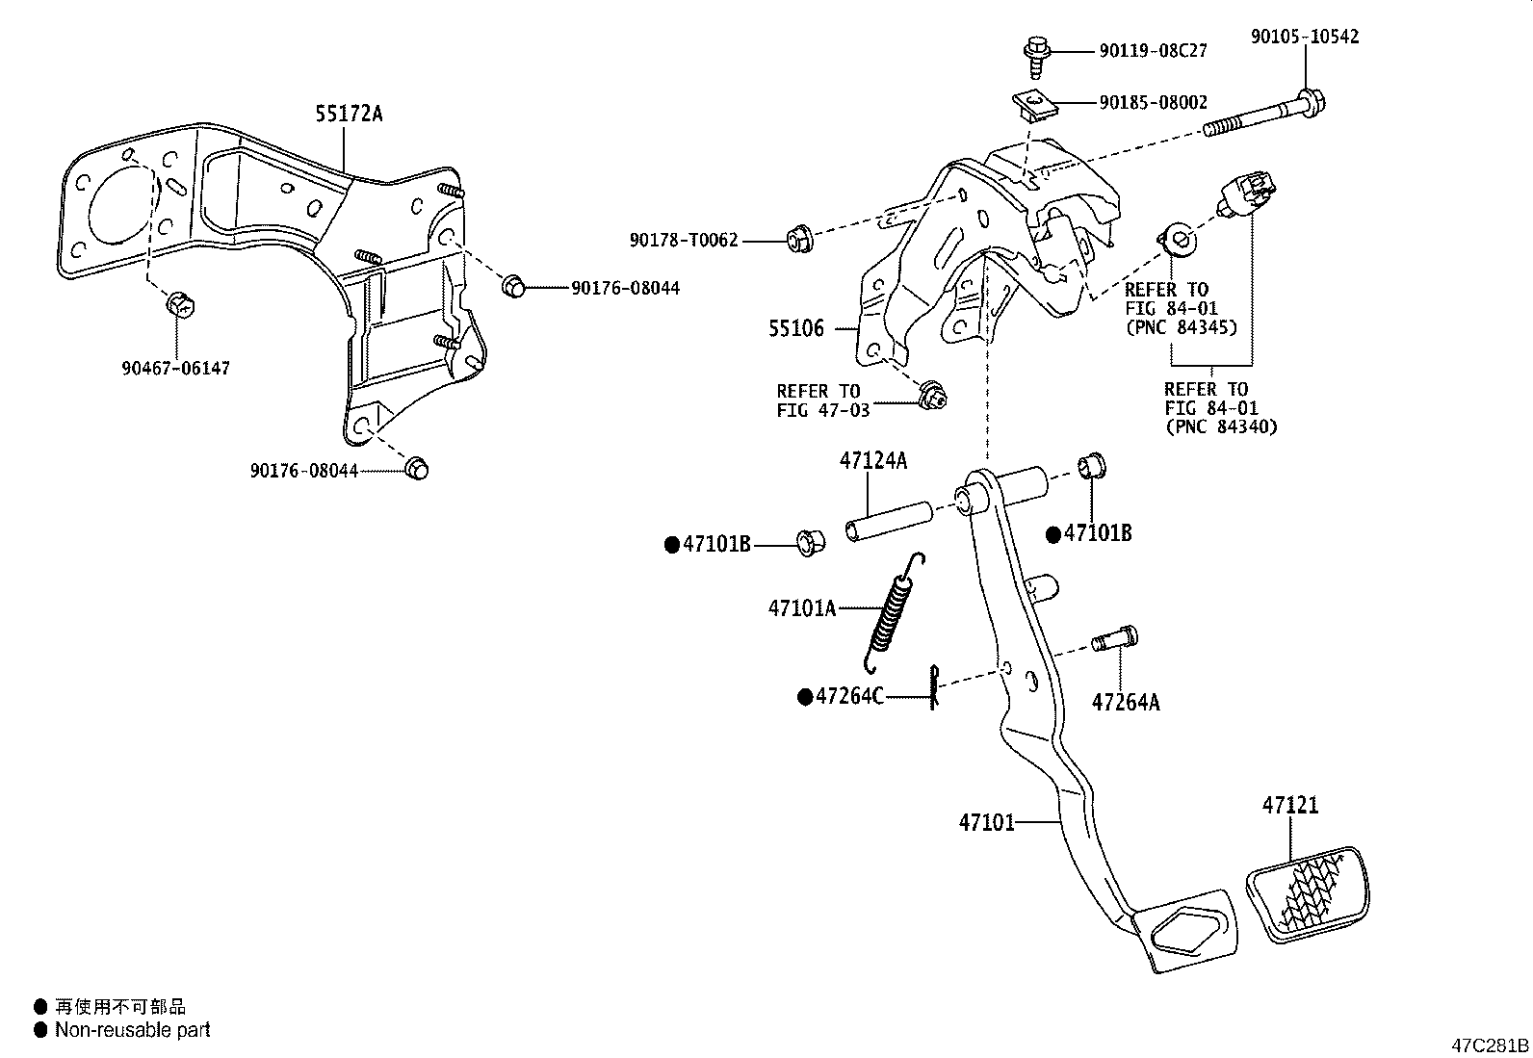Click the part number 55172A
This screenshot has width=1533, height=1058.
click(x=349, y=114)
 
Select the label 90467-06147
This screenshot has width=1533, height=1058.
click(x=176, y=368)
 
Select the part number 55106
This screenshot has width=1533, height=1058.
click(x=796, y=328)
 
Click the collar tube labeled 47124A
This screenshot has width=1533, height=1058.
click(x=888, y=520)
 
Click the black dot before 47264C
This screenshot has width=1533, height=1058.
click(x=804, y=697)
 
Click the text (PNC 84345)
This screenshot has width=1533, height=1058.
click(x=1181, y=327)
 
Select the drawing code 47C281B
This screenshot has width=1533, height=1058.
click(x=1491, y=1045)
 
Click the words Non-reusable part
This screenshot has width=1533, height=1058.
click(x=132, y=1030)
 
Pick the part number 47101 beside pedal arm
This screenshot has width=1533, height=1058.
click(x=986, y=822)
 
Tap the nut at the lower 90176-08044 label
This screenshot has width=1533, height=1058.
click(x=416, y=468)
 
